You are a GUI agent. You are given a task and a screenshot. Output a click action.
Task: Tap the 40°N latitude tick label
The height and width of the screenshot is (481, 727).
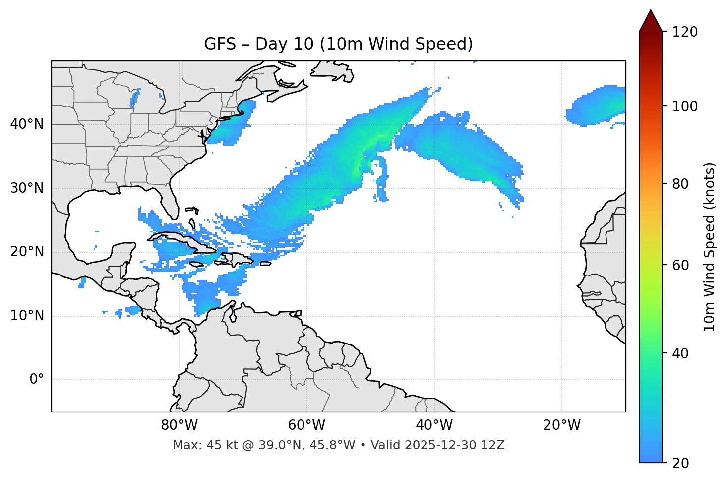[x=27, y=124]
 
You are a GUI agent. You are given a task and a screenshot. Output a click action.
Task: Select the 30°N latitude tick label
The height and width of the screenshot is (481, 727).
[x=27, y=188]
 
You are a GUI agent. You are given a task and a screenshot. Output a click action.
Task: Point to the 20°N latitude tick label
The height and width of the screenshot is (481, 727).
[x=27, y=252]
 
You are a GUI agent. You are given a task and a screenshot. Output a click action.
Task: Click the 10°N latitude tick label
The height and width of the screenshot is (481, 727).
[x=27, y=316]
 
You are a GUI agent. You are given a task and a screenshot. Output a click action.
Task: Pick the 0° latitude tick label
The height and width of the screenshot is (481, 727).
[x=36, y=380]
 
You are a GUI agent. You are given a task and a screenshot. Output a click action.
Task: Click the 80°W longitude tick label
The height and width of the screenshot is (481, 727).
[x=179, y=425]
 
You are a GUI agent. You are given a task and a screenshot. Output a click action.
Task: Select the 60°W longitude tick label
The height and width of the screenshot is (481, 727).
[x=306, y=425]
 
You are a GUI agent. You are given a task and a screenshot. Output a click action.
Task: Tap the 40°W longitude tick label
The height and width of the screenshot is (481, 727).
[x=434, y=425]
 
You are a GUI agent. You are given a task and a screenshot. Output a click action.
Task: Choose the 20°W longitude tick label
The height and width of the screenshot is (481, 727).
[x=561, y=425]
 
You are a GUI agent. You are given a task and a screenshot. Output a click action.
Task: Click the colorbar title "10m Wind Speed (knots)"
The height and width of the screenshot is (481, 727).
[x=710, y=247]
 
